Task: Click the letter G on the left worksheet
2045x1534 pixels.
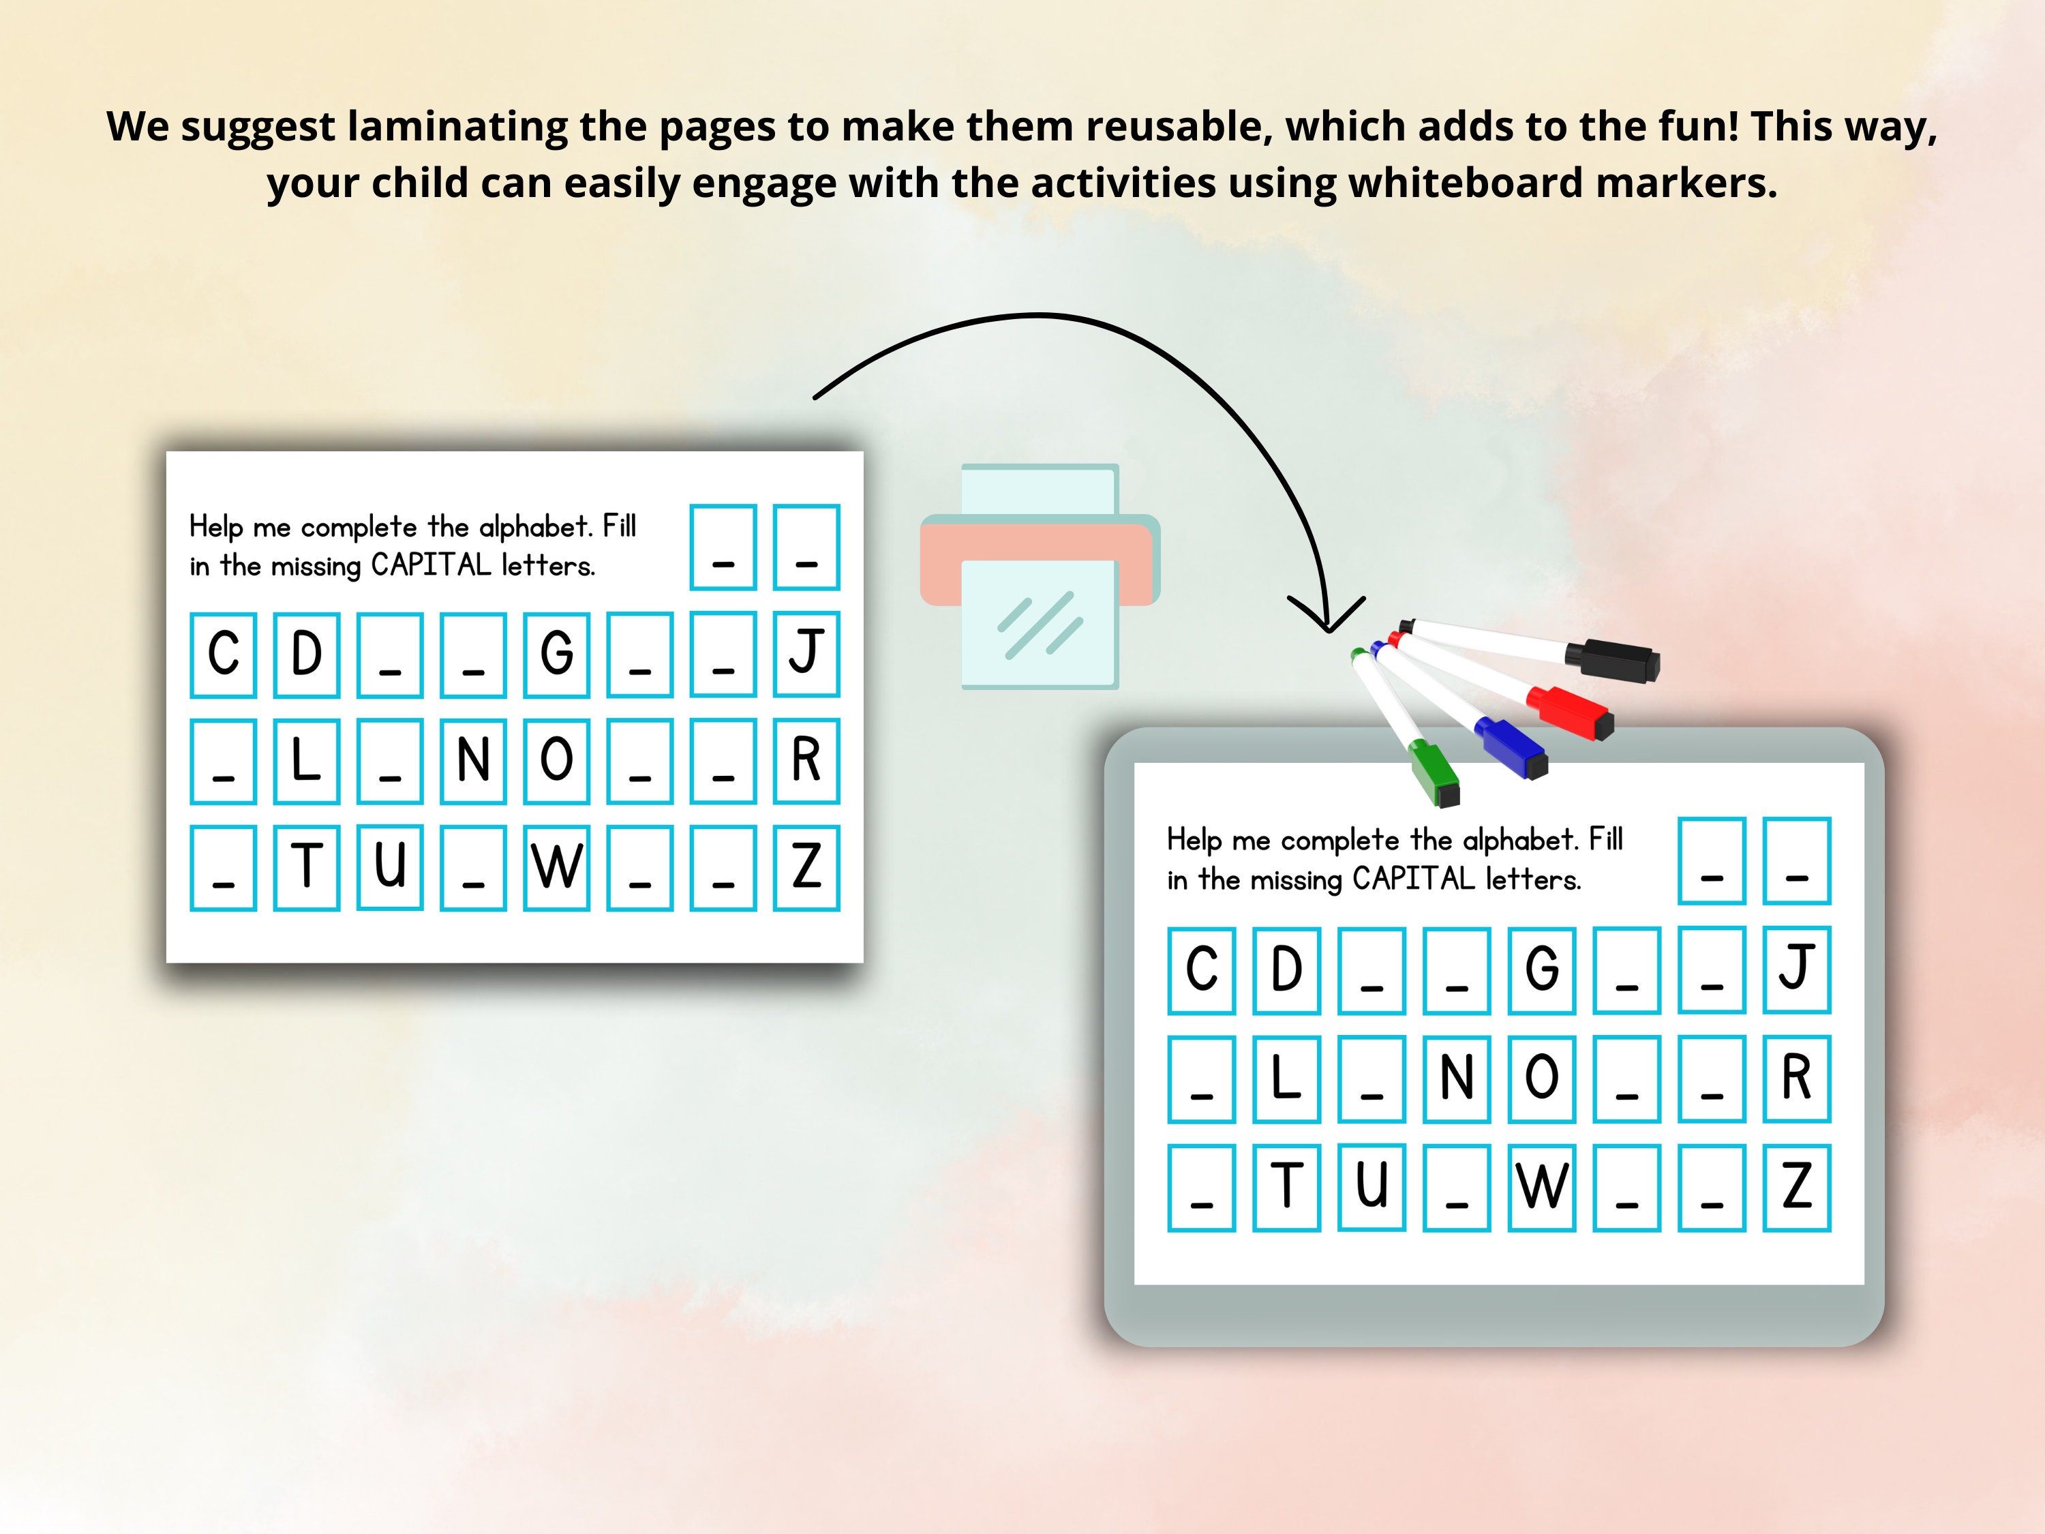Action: pyautogui.click(x=556, y=654)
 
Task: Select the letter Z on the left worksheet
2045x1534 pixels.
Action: pyautogui.click(x=806, y=867)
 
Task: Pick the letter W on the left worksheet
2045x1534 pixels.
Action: pyautogui.click(x=556, y=867)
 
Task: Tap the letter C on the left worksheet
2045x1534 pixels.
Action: pyautogui.click(x=223, y=654)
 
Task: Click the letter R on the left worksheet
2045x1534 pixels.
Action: pyautogui.click(x=806, y=760)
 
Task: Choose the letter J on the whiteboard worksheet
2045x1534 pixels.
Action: pyautogui.click(x=1796, y=968)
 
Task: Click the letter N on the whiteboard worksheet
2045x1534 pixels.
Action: pyautogui.click(x=1456, y=1078)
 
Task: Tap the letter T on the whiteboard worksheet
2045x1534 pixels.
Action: pyautogui.click(x=1286, y=1186)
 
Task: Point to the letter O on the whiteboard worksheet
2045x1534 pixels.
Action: pyautogui.click(x=1541, y=1078)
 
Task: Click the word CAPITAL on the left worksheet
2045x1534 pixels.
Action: pyautogui.click(x=431, y=565)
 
